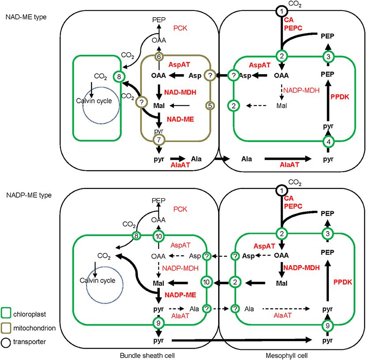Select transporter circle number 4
[328, 142]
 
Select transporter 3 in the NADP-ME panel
[328, 233]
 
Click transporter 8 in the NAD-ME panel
[119, 77]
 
